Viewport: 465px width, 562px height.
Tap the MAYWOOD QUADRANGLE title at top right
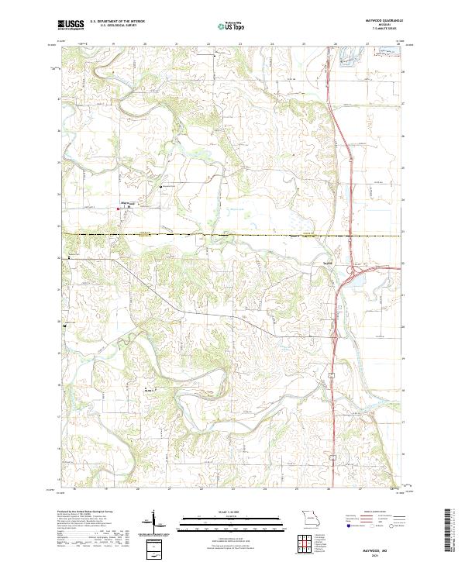pyautogui.click(x=378, y=21)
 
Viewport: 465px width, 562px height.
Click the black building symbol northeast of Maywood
pyautogui.click(x=161, y=188)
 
